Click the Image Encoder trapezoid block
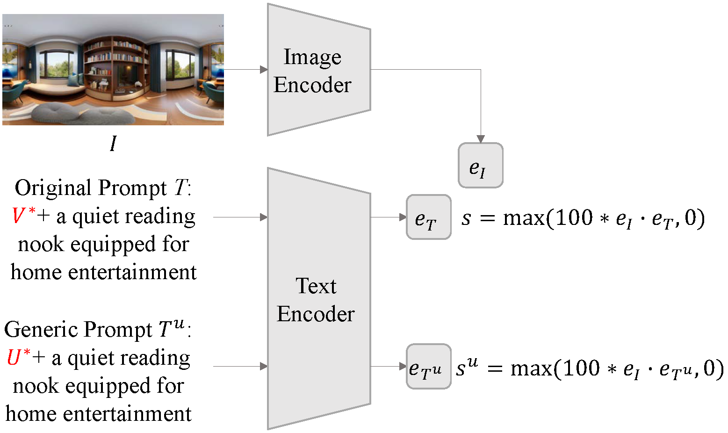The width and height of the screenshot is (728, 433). (x=318, y=70)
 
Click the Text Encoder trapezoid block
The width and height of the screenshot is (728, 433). (x=318, y=299)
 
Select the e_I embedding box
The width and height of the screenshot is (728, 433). (x=480, y=166)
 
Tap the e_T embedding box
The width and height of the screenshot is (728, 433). (x=428, y=217)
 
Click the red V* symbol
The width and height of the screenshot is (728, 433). (x=23, y=216)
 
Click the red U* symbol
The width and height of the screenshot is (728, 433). (x=18, y=358)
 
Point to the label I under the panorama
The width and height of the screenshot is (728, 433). (x=113, y=144)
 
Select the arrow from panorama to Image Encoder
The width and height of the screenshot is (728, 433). (x=245, y=70)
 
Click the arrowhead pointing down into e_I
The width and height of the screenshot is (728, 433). (x=481, y=138)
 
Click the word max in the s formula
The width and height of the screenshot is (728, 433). (x=524, y=218)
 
